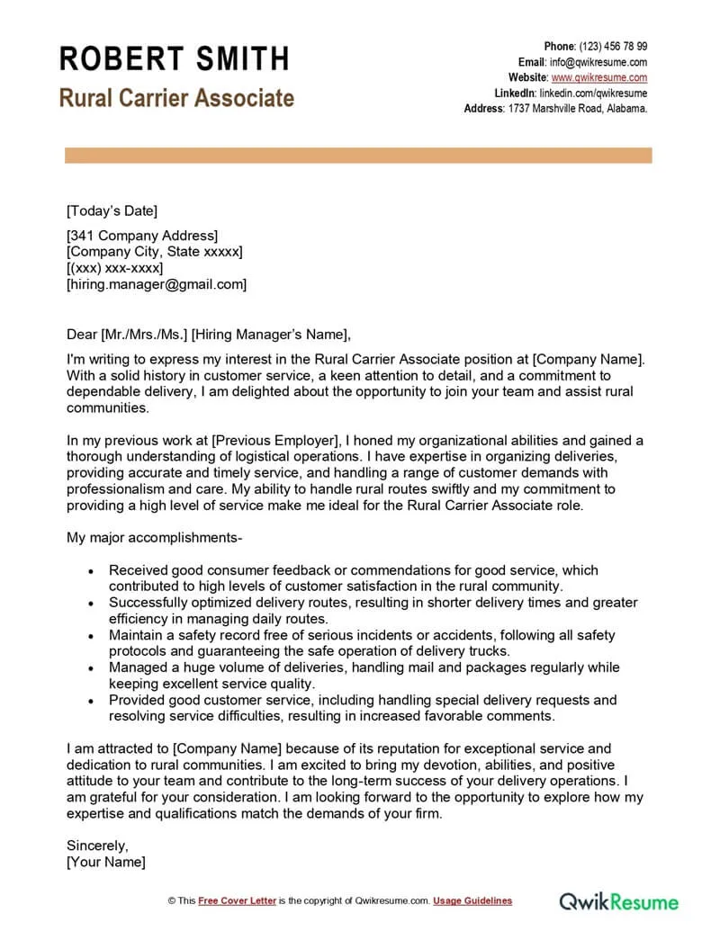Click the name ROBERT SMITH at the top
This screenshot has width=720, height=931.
pos(175,58)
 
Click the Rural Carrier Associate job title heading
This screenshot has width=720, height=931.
pos(176,97)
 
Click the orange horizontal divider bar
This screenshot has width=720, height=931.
pos(358,156)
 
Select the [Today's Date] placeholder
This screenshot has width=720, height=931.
pos(112,211)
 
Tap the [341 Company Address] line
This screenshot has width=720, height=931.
pos(142,236)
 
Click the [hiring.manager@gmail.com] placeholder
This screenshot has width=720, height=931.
pos(156,284)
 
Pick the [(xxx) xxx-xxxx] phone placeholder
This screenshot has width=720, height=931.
pos(114,268)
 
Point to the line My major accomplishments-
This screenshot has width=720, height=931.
pos(154,538)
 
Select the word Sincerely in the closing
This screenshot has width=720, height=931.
pos(97,846)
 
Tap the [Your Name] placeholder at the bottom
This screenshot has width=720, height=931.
pos(105,862)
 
